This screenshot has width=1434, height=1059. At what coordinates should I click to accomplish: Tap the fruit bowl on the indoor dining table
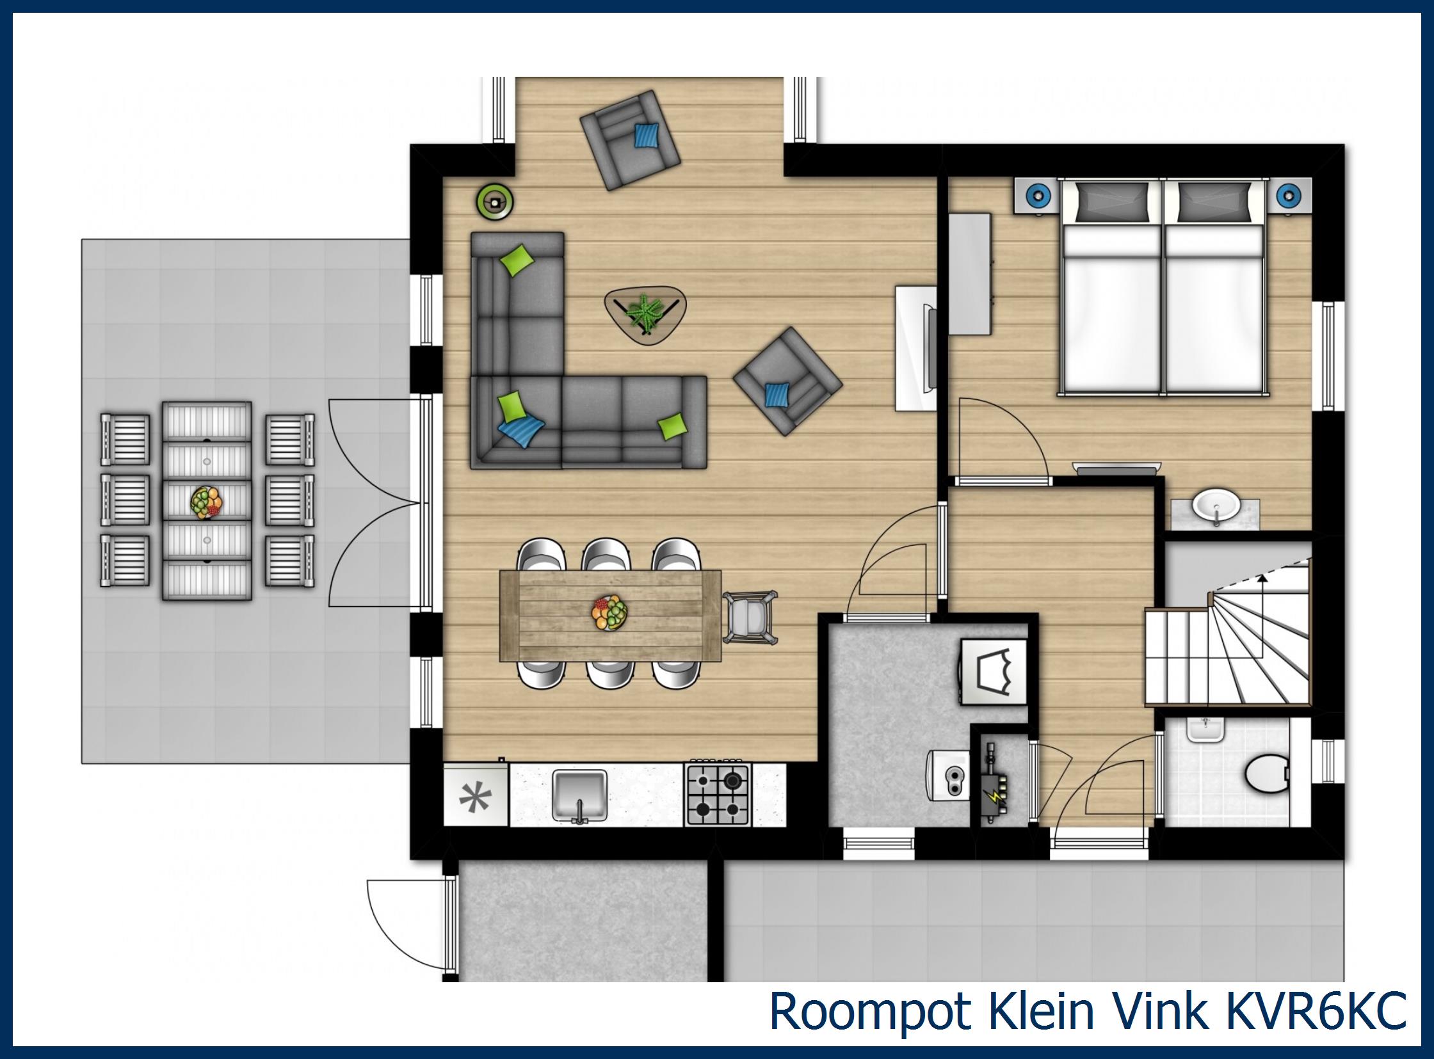[609, 614]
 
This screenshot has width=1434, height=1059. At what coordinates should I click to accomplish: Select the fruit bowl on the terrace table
[207, 501]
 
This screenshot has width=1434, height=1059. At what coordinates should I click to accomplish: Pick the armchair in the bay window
[629, 139]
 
